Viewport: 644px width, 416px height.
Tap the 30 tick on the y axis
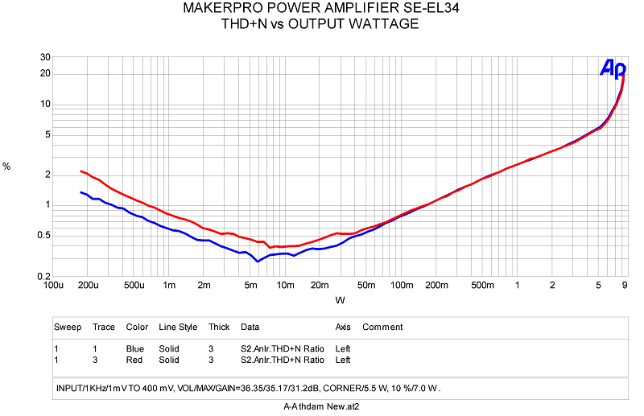point(46,57)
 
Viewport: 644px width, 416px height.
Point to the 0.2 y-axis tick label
point(44,276)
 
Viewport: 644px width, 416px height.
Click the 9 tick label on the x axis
point(625,286)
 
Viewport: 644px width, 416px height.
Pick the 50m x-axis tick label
point(367,286)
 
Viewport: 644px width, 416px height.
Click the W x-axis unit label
point(340,300)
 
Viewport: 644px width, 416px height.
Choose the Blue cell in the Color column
point(136,348)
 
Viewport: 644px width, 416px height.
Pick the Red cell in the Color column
point(135,360)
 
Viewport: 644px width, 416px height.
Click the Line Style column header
point(178,327)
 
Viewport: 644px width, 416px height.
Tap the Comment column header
point(382,327)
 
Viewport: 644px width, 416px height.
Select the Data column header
point(250,327)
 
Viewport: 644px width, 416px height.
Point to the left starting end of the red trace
point(80,171)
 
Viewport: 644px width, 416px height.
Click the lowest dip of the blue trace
point(258,262)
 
